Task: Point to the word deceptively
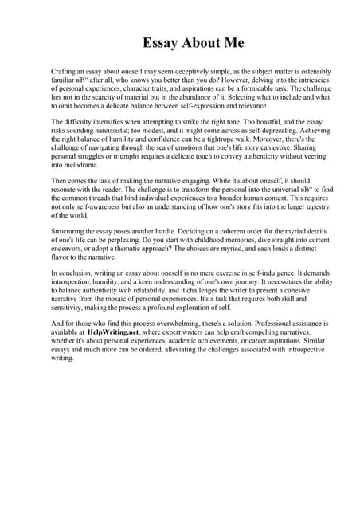tap(192, 72)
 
